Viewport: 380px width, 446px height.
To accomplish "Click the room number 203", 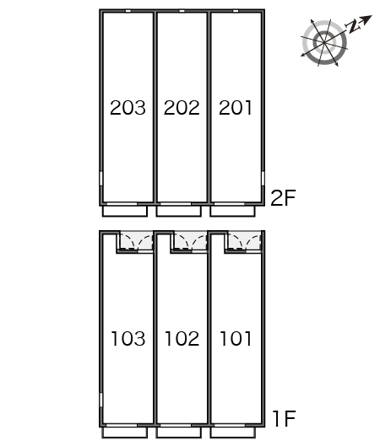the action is pos(128,108).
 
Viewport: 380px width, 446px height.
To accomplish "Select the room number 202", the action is pos(182,108).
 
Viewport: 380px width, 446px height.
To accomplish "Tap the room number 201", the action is pos(236,108).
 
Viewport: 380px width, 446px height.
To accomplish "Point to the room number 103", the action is pos(128,338).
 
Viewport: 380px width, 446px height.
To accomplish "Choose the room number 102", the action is pos(182,338).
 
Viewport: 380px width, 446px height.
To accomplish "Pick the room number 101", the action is pos(236,338).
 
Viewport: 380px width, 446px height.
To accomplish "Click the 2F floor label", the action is pos(283,197).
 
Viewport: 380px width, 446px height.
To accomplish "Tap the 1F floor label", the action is pos(285,419).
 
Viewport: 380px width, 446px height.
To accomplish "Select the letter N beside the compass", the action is pos(353,26).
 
